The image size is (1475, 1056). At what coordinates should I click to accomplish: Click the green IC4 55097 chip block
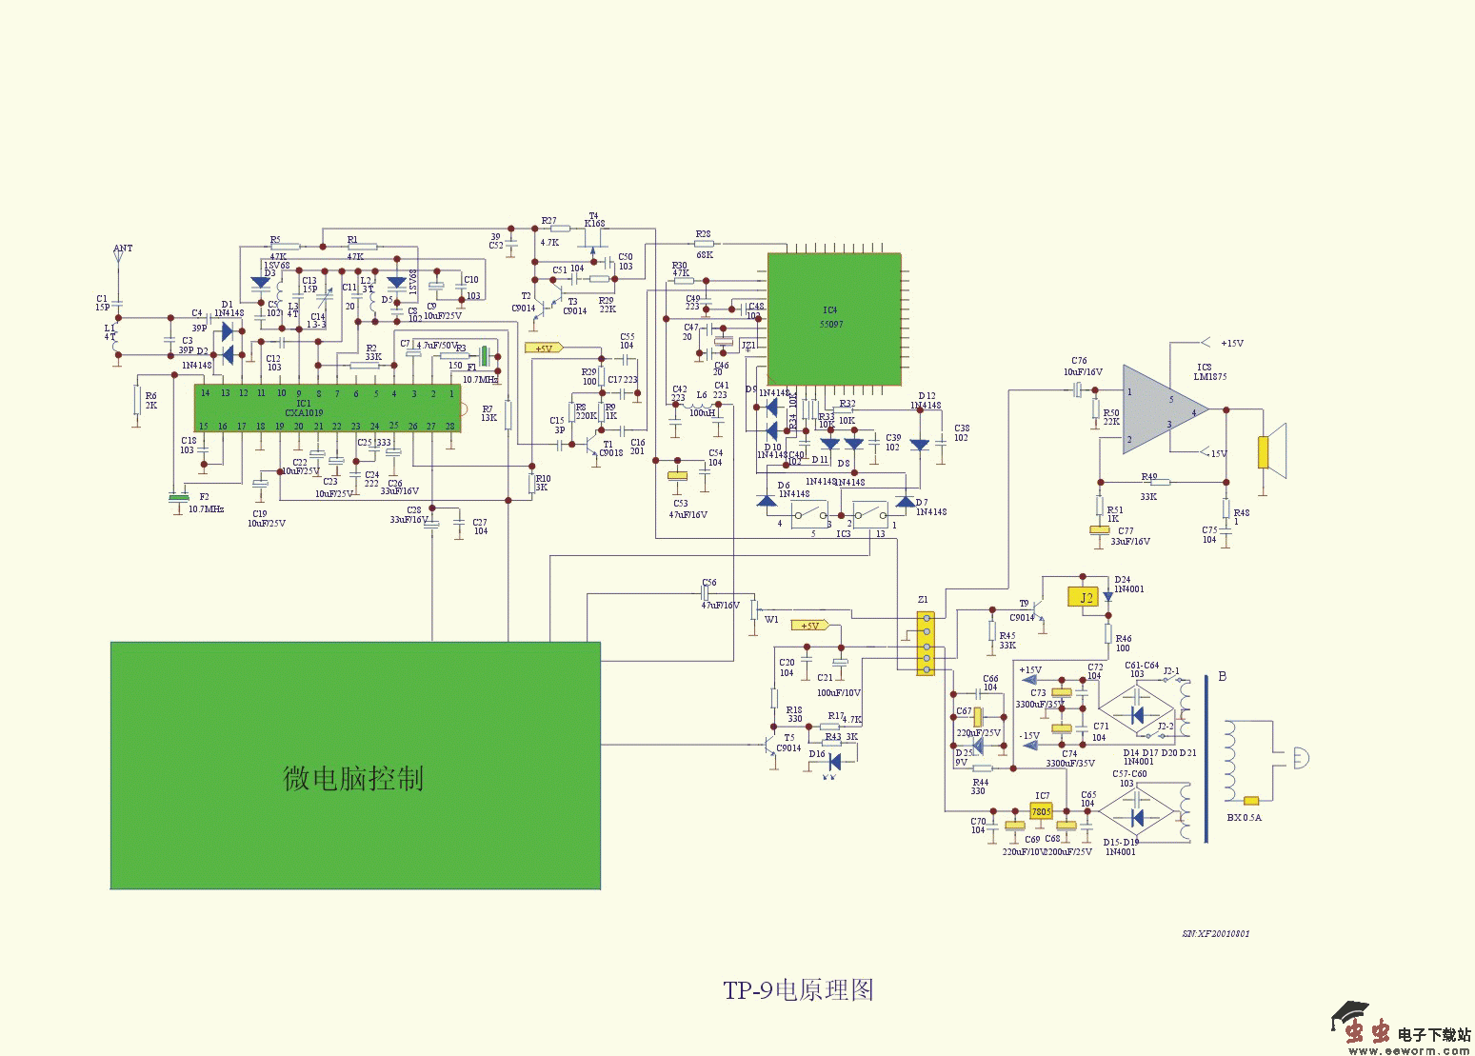point(834,318)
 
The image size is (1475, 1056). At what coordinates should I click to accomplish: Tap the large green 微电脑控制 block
point(355,766)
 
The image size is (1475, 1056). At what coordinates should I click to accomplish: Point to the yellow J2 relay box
point(1086,598)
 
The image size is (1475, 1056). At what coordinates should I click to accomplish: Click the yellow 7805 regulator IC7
point(1041,812)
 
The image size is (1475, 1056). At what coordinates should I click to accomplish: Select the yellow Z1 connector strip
point(925,644)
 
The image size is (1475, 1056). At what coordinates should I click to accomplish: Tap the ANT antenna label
point(123,249)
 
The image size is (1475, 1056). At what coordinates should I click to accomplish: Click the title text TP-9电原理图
point(798,990)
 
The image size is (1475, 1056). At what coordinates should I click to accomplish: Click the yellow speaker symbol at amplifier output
point(1265,451)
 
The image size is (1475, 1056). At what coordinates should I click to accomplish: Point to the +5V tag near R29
point(543,349)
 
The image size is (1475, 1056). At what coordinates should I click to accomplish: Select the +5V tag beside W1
point(810,626)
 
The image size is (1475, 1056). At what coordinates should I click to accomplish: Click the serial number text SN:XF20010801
point(1216,934)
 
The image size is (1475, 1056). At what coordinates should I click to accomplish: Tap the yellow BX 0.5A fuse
point(1251,801)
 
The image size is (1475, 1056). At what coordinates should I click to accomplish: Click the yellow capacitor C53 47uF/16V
point(677,475)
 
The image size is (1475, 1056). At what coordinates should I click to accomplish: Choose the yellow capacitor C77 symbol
point(1100,531)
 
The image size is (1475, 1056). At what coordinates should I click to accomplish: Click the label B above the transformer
point(1223,677)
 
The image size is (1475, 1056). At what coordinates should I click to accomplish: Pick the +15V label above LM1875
point(1231,343)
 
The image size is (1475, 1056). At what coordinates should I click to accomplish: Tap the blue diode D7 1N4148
point(906,501)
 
